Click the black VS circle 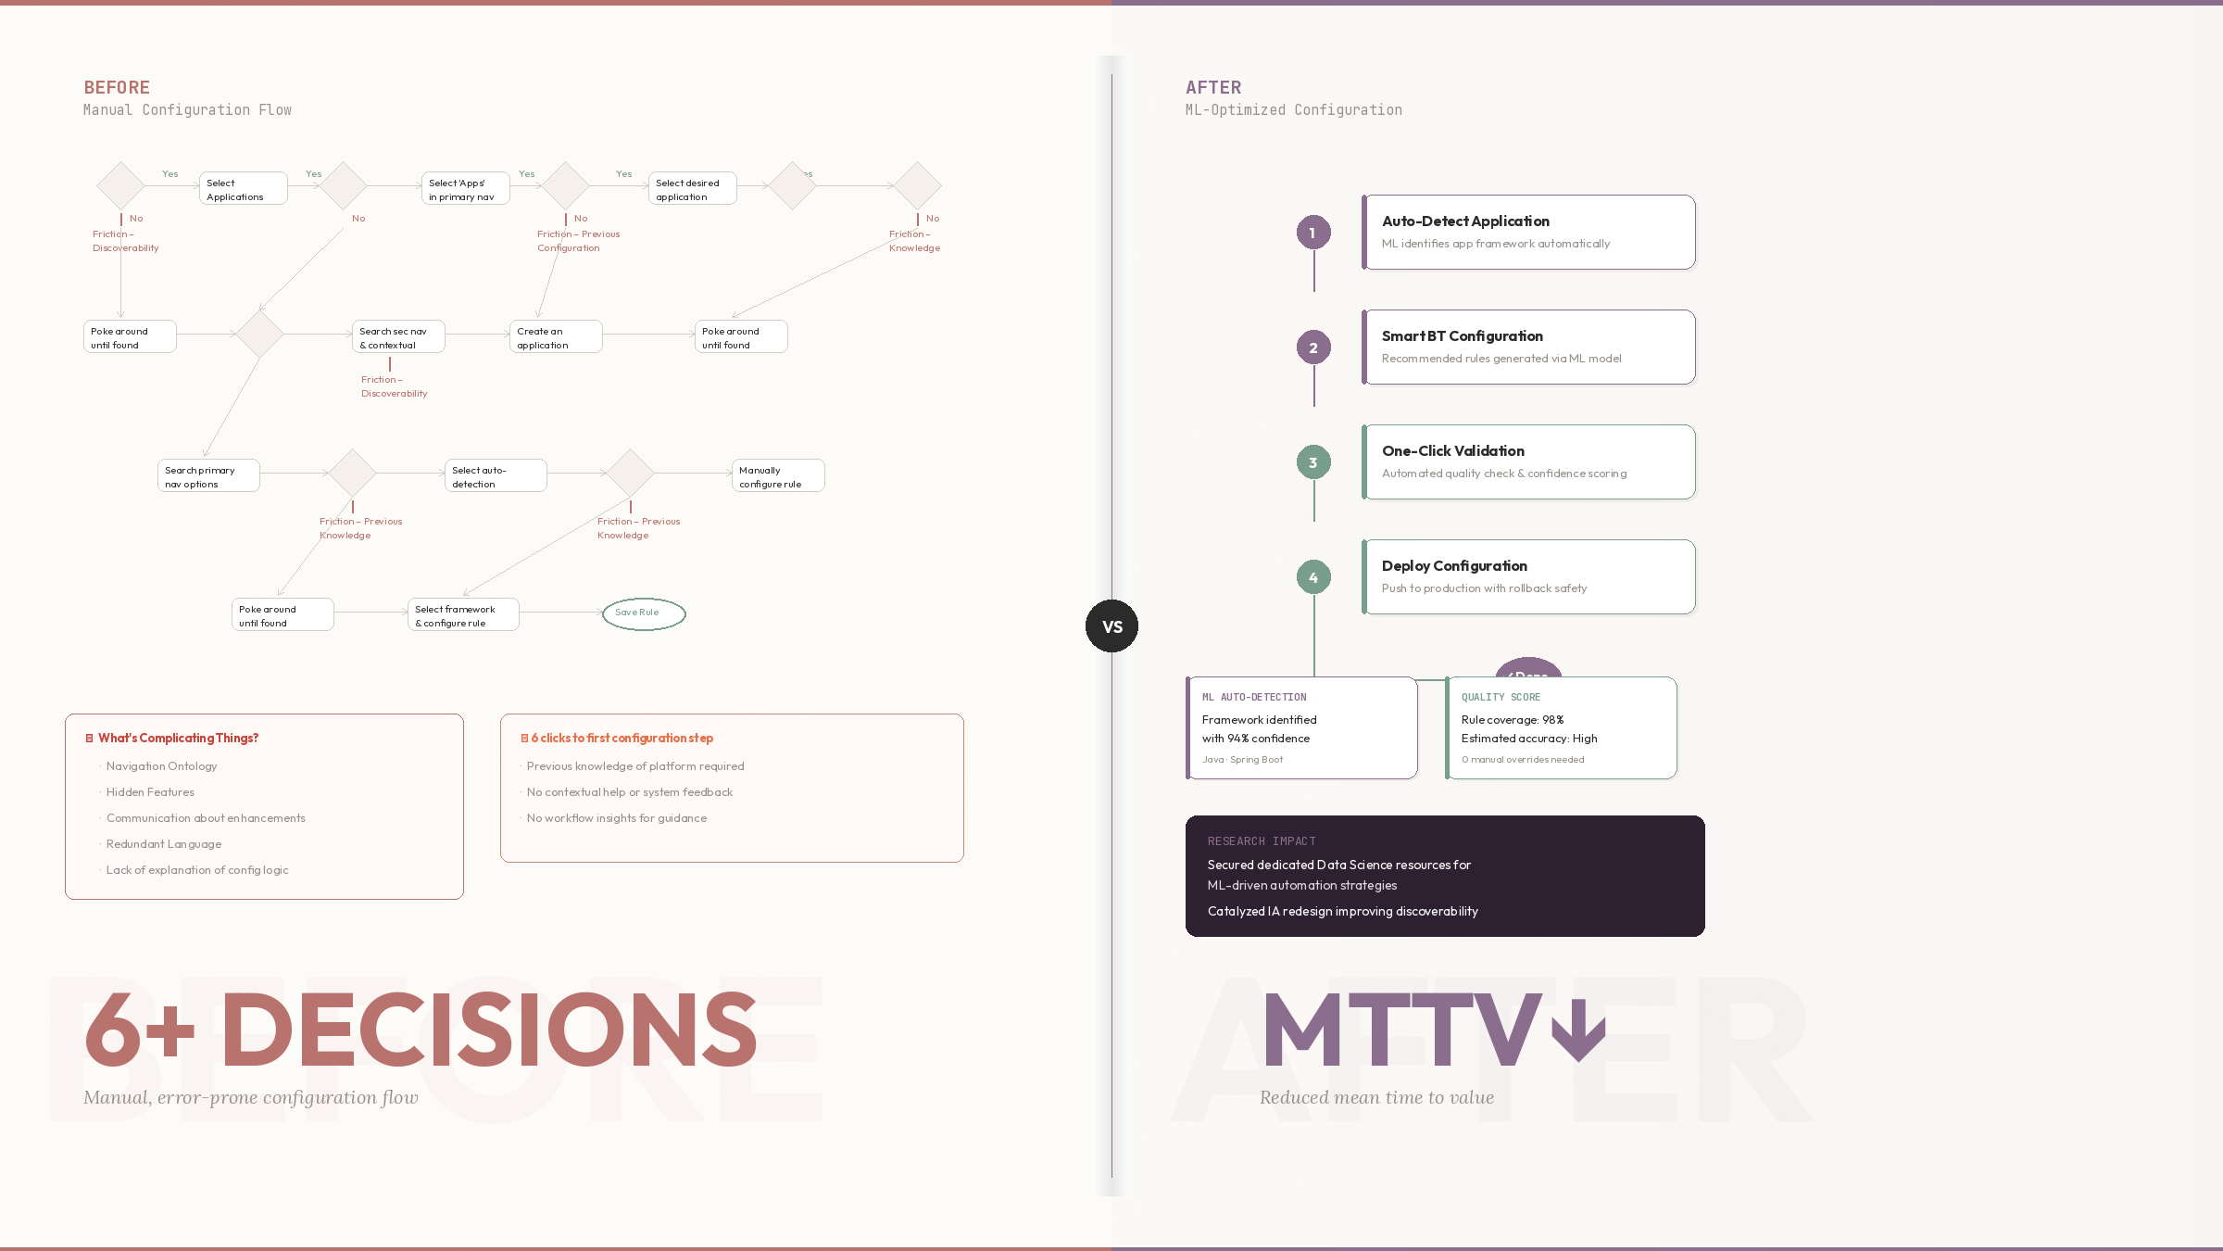click(x=1111, y=626)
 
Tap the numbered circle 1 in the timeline click(x=1312, y=233)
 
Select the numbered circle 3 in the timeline click(x=1312, y=462)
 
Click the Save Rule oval click(x=644, y=613)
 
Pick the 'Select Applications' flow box click(x=243, y=189)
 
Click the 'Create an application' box click(x=555, y=337)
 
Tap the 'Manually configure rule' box click(x=777, y=476)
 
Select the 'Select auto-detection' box click(x=495, y=476)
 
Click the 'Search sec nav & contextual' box click(x=397, y=337)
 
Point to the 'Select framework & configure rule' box click(x=462, y=615)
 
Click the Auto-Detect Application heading click(x=1465, y=221)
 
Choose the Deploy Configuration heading click(x=1454, y=566)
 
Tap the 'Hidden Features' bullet click(x=150, y=792)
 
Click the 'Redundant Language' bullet click(x=164, y=844)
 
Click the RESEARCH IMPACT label click(x=1261, y=841)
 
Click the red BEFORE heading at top click(x=117, y=88)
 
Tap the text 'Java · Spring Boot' click(x=1242, y=760)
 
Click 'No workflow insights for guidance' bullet click(x=616, y=818)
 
